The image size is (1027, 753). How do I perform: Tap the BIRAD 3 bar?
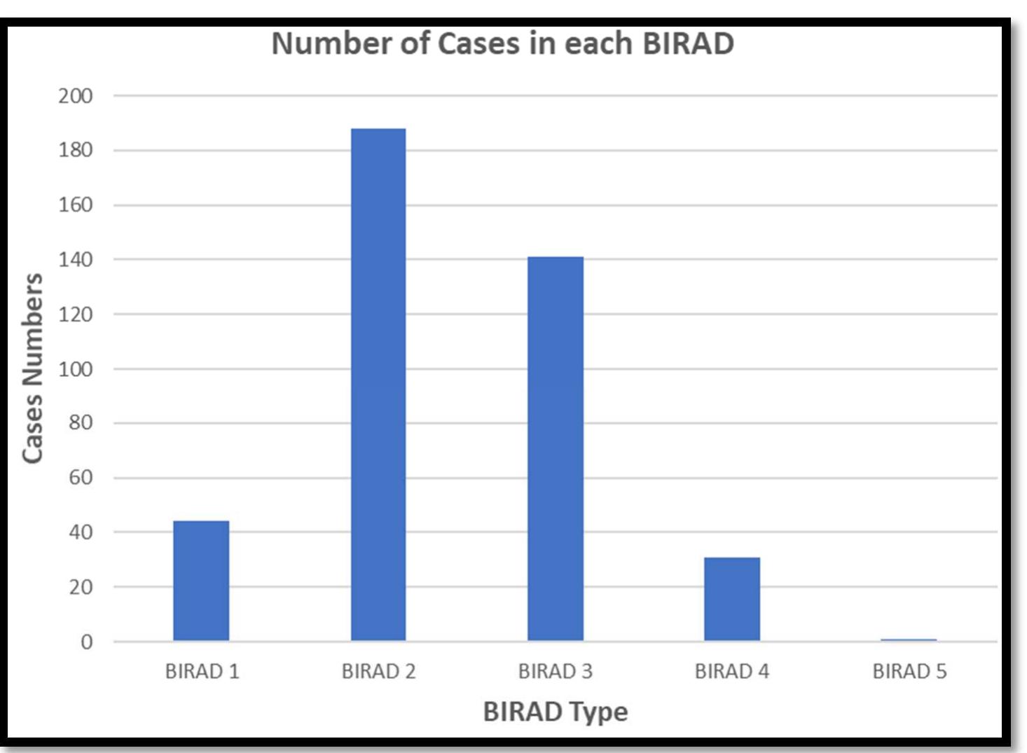pos(555,448)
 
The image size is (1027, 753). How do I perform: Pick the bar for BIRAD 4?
pos(731,599)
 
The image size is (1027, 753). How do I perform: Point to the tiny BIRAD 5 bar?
pos(908,640)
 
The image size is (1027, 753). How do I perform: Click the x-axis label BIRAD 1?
pos(202,671)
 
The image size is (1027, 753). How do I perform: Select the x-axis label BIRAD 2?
pos(378,671)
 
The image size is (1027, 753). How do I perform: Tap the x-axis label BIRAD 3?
pos(555,671)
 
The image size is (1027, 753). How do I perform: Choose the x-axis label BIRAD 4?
pos(731,671)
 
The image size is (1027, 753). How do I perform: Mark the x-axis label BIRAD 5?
pos(909,671)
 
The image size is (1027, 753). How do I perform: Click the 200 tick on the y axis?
pos(75,96)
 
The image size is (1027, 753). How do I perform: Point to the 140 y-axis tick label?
pos(75,260)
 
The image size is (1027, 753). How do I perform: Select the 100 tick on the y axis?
pos(75,369)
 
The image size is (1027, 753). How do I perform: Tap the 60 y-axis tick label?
pos(80,478)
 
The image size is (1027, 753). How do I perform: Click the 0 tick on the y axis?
pos(86,642)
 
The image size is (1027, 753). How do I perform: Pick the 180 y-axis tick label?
pos(75,151)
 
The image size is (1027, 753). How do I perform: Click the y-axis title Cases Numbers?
pos(33,368)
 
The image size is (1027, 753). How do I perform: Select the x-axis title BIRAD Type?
pos(555,712)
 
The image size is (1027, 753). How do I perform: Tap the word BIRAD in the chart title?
pos(687,43)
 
